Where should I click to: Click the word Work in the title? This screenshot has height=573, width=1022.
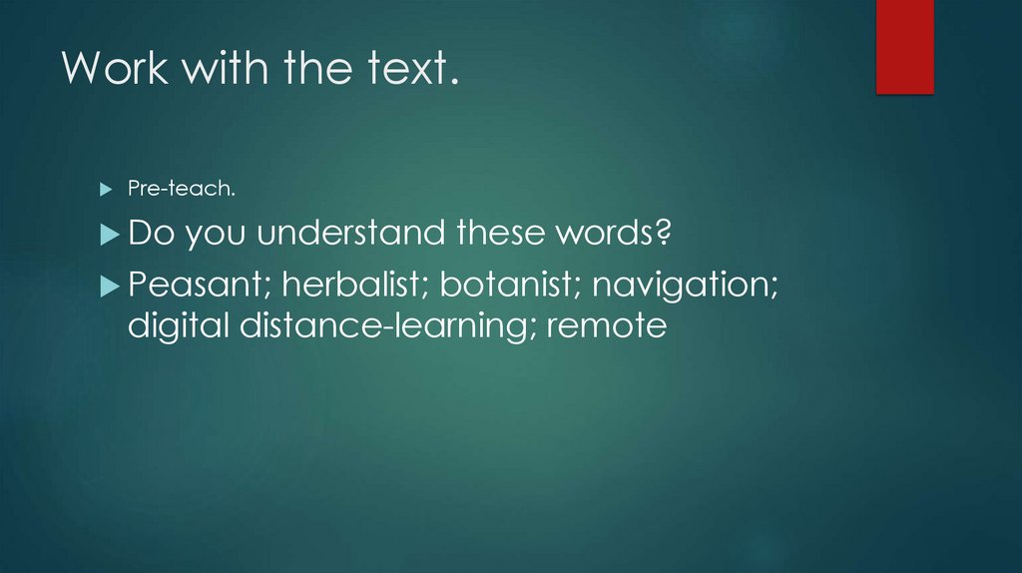[105, 69]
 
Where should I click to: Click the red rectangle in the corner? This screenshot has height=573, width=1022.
[904, 46]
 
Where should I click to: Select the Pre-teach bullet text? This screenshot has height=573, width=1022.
[167, 189]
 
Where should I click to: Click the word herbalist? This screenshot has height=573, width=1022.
[351, 286]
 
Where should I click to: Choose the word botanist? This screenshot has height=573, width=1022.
[507, 286]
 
